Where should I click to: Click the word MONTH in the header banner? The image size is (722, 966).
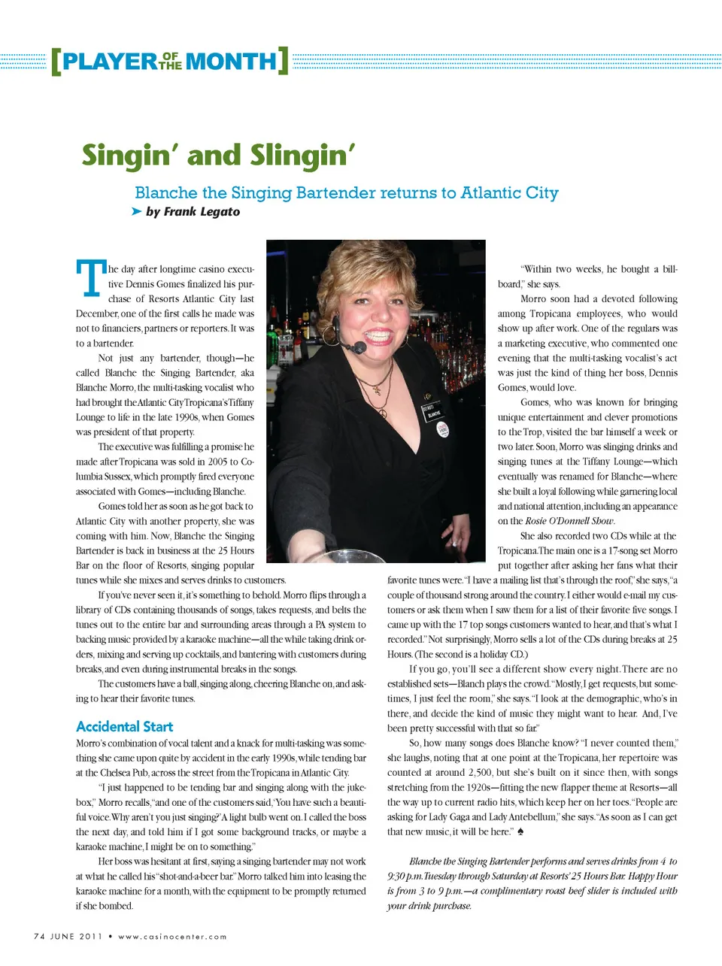click(x=231, y=61)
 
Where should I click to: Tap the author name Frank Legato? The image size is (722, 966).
click(x=202, y=211)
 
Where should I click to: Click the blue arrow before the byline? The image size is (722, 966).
click(x=136, y=211)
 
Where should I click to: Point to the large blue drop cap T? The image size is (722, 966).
click(x=90, y=277)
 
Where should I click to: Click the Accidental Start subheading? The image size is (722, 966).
click(x=124, y=726)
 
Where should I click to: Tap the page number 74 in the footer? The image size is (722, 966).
click(x=40, y=936)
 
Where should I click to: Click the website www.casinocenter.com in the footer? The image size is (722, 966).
click(x=172, y=936)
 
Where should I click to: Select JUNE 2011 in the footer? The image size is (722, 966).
click(x=76, y=936)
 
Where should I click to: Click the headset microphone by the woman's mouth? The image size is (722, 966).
click(x=359, y=347)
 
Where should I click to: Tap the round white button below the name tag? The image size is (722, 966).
click(x=442, y=428)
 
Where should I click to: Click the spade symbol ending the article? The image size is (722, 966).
click(x=520, y=831)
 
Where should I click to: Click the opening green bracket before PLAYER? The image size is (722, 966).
click(x=56, y=61)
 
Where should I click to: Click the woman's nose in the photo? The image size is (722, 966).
click(x=375, y=310)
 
